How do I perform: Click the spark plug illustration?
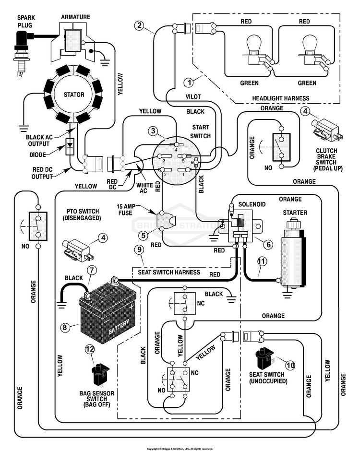(x=23, y=52)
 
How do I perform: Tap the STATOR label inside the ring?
(x=74, y=95)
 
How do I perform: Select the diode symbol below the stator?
(x=70, y=147)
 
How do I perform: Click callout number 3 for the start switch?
(x=153, y=131)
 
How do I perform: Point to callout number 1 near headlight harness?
(x=189, y=83)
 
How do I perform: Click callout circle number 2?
(x=140, y=25)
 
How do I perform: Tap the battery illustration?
(x=108, y=312)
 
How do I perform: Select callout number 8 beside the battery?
(x=65, y=327)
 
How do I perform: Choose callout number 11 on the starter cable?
(x=262, y=261)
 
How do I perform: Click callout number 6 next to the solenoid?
(x=268, y=244)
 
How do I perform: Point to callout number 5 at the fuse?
(x=144, y=236)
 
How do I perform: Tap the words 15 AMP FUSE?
(x=125, y=210)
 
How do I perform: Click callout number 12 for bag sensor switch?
(x=90, y=349)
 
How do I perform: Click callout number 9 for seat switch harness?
(x=139, y=249)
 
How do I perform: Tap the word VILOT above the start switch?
(x=193, y=96)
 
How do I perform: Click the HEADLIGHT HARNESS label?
(x=281, y=98)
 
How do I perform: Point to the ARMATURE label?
(x=75, y=17)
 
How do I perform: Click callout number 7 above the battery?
(x=92, y=270)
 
